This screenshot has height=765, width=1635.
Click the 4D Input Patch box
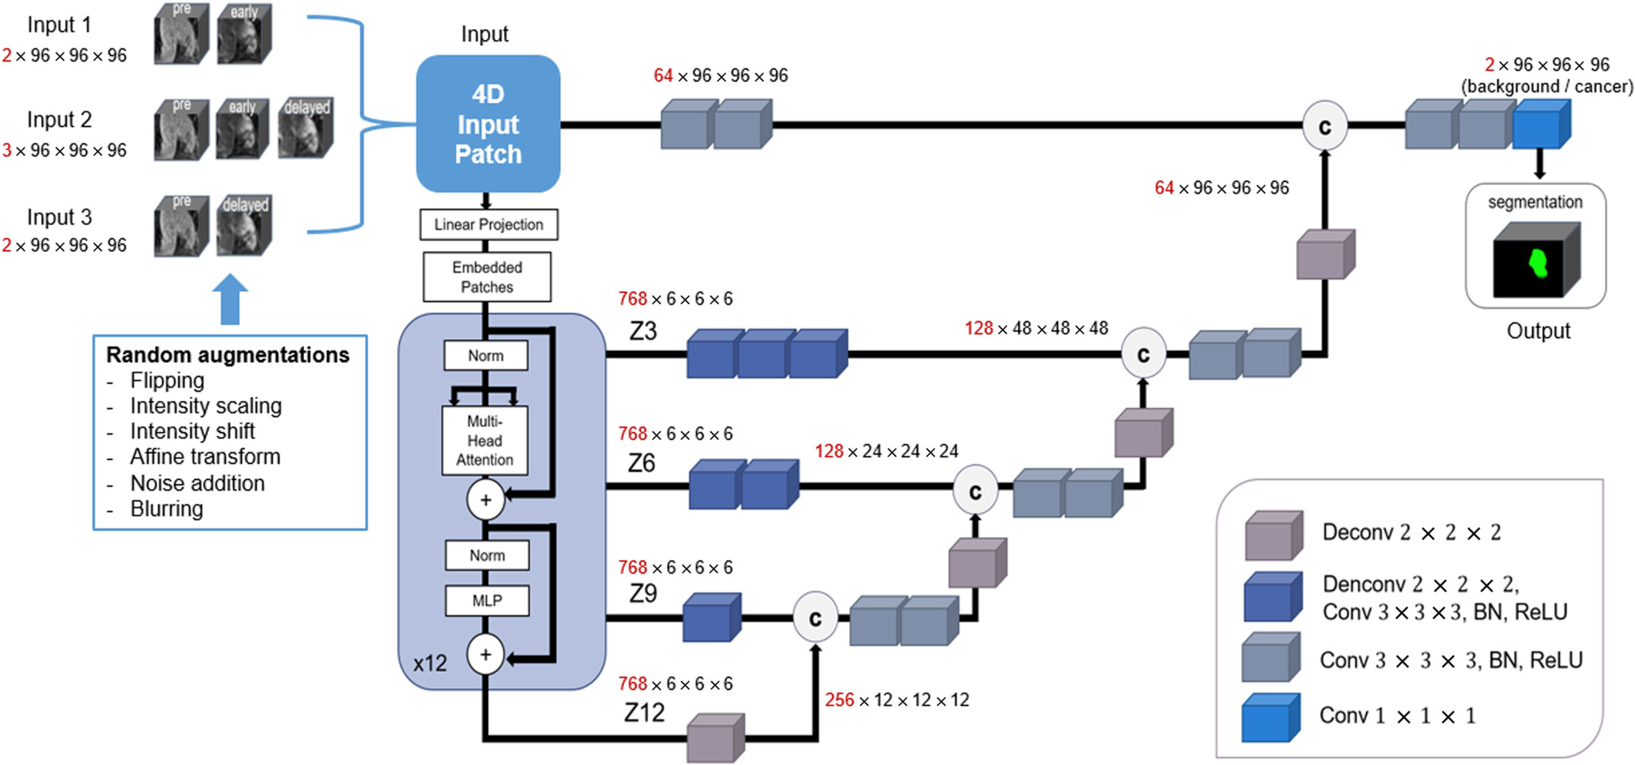pos(488,124)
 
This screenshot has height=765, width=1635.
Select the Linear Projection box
pos(489,224)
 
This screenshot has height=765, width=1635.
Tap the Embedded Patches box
pos(487,277)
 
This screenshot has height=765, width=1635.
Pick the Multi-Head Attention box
pos(485,441)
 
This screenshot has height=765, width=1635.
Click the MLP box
pos(487,601)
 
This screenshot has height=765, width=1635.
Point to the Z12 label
pos(644,713)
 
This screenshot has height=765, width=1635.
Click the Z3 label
pos(643,331)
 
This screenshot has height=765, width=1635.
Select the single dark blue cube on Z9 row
pos(712,617)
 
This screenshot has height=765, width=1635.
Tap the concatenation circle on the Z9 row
pos(815,617)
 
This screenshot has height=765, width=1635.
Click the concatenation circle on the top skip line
pos(1325,126)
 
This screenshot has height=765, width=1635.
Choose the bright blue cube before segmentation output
pos(1542,124)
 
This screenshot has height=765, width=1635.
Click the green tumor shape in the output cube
pos(1538,263)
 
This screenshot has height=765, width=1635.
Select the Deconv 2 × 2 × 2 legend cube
pos(1274,535)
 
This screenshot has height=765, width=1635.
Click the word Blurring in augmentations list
pos(167,508)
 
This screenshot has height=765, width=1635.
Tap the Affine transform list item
pos(205,456)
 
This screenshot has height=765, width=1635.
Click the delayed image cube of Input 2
pos(306,127)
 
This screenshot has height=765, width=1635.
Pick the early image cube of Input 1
pos(244,33)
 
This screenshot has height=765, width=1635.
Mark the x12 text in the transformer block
pos(429,664)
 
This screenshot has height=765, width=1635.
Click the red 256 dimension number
pos(839,700)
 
